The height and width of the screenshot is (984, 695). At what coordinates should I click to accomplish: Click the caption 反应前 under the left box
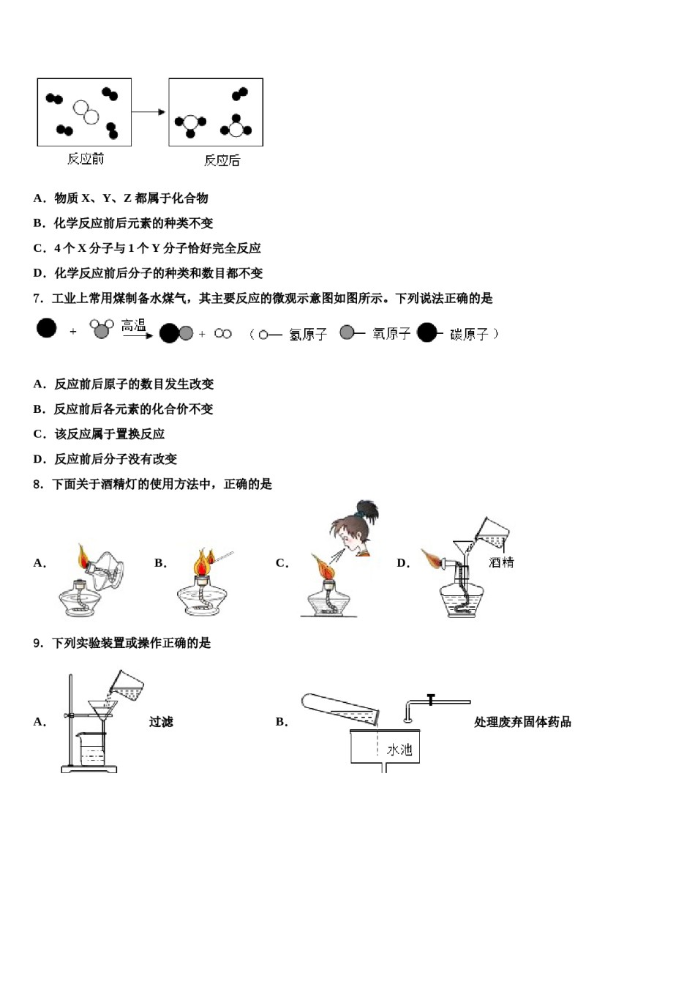(x=86, y=159)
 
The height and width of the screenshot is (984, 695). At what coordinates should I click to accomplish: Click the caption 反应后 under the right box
(x=222, y=160)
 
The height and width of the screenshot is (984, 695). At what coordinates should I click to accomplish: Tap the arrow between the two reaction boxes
(x=149, y=112)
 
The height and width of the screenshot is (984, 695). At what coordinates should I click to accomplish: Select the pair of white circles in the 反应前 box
(x=86, y=112)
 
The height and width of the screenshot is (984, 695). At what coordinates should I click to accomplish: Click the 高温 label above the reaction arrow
(x=134, y=326)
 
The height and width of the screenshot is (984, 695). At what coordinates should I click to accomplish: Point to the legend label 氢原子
(x=307, y=335)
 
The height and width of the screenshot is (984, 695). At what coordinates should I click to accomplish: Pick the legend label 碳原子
(x=469, y=335)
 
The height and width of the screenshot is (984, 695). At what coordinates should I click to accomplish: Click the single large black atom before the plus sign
(x=46, y=328)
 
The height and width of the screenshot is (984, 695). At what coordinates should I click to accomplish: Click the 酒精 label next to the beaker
(x=501, y=562)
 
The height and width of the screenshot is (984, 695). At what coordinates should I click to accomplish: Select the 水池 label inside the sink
(x=399, y=749)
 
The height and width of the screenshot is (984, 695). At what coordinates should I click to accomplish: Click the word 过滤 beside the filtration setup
(x=161, y=722)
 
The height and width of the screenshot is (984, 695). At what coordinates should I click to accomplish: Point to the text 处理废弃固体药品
(x=522, y=722)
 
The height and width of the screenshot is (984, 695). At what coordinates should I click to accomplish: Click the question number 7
(x=38, y=299)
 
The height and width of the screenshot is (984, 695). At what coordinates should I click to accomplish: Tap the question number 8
(x=38, y=485)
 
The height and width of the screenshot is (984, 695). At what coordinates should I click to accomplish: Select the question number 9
(x=38, y=644)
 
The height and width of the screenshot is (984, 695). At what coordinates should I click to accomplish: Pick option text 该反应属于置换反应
(x=110, y=434)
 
